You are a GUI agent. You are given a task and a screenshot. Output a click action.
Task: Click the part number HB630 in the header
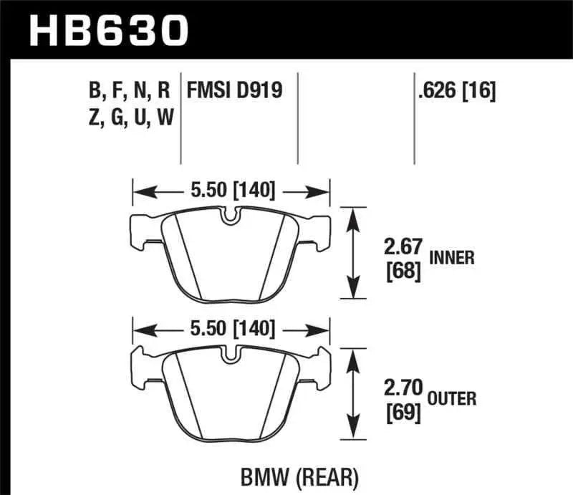pos(107,29)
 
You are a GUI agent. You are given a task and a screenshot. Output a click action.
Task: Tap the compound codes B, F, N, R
pos(129,91)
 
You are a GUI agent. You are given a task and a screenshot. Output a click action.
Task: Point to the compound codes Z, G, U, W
pos(130,117)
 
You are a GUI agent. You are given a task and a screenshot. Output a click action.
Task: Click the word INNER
pos(451,258)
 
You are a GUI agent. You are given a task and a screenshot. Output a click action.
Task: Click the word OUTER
pos(452,398)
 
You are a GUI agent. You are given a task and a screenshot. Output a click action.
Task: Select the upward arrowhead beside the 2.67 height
pos(351,216)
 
